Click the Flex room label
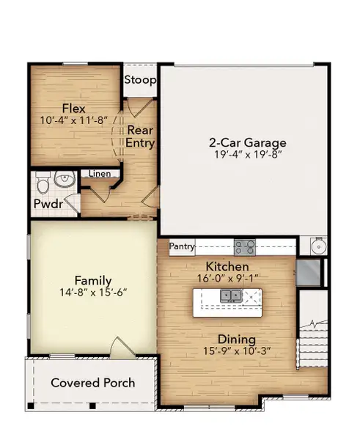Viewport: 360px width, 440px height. [x=74, y=107]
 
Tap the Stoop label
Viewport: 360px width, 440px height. [x=139, y=80]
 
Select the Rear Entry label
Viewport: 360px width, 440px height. [x=140, y=136]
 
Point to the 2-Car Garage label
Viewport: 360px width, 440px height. [x=248, y=142]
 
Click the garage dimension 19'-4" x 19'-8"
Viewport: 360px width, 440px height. [x=248, y=155]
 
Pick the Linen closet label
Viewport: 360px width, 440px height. [x=100, y=175]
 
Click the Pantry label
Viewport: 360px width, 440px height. [x=181, y=246]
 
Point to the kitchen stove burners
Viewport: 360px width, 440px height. [x=244, y=246]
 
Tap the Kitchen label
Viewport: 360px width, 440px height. [x=227, y=266]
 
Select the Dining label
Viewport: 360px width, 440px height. [x=235, y=340]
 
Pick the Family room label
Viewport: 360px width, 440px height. [x=93, y=280]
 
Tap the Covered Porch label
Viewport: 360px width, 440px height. [x=92, y=383]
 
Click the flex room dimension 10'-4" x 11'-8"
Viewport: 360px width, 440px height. [x=74, y=120]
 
